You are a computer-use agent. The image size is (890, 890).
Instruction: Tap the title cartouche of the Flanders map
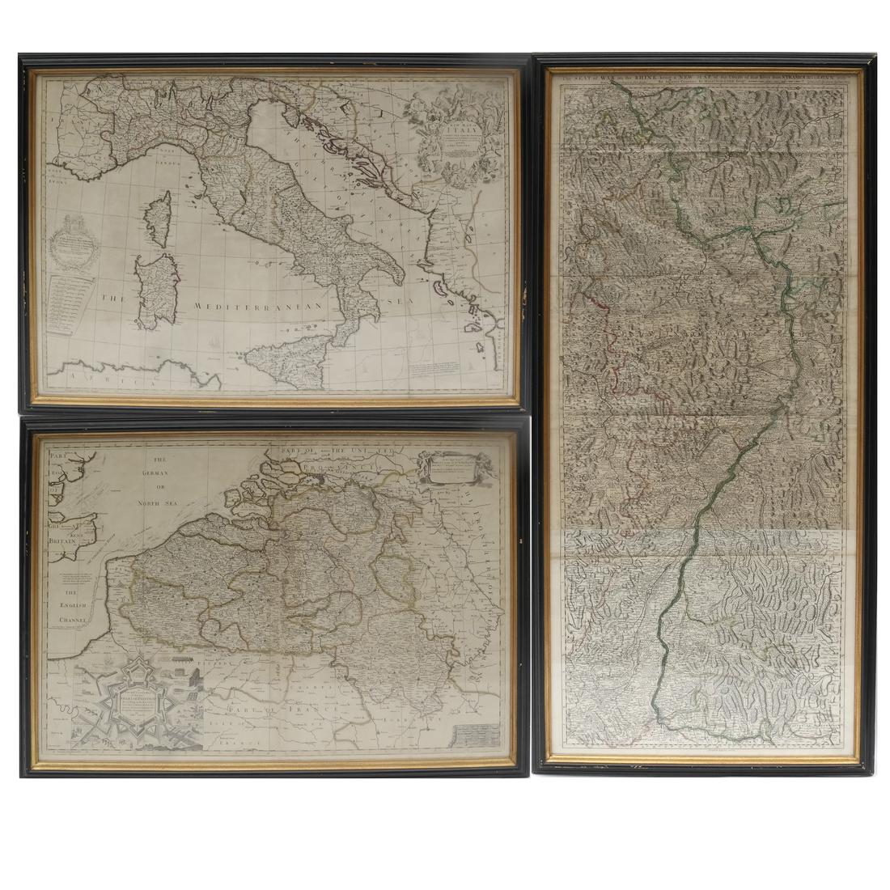click(458, 470)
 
